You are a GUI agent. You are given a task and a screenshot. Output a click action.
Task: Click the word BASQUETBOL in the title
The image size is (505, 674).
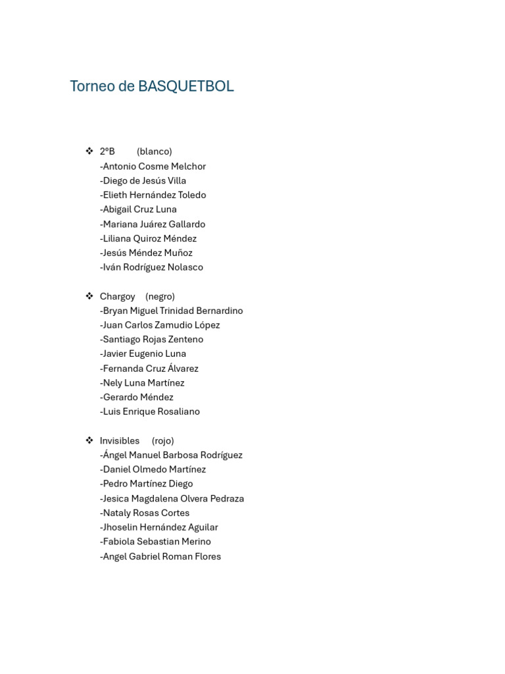186,86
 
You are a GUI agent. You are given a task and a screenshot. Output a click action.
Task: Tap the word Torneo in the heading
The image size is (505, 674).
93,86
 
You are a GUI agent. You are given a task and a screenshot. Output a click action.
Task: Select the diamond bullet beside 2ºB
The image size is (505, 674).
89,151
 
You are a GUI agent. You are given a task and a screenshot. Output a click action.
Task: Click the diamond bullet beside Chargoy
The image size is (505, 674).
89,296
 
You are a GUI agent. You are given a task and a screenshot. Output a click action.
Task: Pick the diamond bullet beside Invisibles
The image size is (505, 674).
89,440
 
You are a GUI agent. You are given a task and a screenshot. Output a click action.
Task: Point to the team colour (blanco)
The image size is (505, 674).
155,151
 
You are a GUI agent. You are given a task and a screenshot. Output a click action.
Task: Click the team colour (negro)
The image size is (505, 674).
160,296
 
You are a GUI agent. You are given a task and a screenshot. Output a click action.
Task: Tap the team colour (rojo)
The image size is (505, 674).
162,440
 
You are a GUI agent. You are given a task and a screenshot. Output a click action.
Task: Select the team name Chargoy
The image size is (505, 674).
118,296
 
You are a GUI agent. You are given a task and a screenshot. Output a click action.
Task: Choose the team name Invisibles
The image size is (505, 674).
120,440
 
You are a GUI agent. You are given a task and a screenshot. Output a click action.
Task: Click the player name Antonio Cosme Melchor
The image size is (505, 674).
153,167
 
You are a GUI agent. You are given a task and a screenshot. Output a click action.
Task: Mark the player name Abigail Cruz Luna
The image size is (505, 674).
139,209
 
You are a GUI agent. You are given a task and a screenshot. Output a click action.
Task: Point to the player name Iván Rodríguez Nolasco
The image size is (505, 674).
152,267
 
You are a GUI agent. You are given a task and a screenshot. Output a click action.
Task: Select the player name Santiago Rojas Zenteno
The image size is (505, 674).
152,340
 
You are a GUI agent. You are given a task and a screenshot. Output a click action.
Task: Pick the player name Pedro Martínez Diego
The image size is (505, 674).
147,484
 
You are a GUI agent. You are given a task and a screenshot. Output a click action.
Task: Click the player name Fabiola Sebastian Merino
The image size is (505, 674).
156,542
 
